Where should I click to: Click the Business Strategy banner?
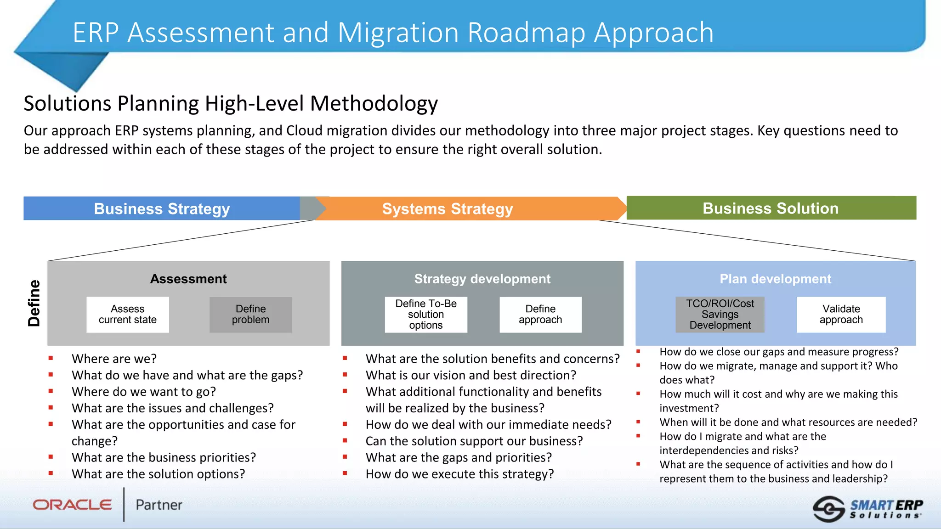tap(162, 208)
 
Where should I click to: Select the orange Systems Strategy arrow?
tap(447, 209)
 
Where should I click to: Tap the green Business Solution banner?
tap(771, 208)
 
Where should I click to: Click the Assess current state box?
tap(128, 315)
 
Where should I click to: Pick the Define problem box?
tap(250, 315)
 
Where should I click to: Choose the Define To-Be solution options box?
tap(426, 315)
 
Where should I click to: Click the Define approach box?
tap(540, 315)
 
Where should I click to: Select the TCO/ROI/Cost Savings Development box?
tap(720, 315)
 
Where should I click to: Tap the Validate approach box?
tap(841, 315)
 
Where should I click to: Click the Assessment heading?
tap(188, 279)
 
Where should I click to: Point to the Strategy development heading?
tap(482, 279)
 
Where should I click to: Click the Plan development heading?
tap(775, 279)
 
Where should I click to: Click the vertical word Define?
tap(34, 303)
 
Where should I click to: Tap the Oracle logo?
tap(73, 505)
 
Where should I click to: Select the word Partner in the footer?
tap(159, 505)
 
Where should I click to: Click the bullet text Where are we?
tap(114, 359)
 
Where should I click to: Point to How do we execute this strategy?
tap(459, 474)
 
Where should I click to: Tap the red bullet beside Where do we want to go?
tap(51, 391)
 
